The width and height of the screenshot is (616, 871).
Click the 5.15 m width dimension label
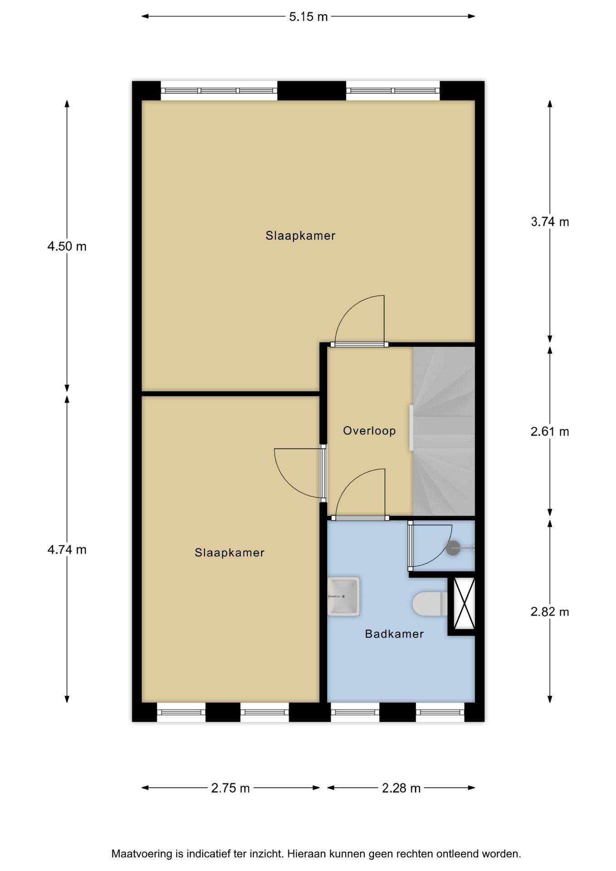tap(308, 17)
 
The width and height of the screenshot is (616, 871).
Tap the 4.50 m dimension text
tap(67, 246)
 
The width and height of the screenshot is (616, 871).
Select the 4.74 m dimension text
tap(67, 550)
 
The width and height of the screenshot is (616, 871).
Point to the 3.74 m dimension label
tap(550, 222)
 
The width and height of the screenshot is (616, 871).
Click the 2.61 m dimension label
tap(550, 431)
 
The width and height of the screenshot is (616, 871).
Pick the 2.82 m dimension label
tap(550, 612)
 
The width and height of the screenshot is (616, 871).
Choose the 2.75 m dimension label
tap(230, 788)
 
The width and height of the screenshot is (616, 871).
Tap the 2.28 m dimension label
tap(401, 788)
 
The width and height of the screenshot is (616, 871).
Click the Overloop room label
tap(369, 431)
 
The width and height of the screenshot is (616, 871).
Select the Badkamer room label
tap(394, 634)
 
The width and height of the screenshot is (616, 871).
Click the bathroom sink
tap(343, 596)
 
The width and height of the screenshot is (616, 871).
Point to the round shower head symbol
tap(453, 548)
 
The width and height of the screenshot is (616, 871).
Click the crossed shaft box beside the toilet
tap(464, 604)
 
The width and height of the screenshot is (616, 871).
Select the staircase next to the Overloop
tap(444, 431)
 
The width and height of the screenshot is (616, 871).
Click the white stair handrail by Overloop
tap(411, 428)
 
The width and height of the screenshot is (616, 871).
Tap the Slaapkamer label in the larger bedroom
tap(300, 235)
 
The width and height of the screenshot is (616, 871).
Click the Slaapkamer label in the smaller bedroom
tap(230, 553)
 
